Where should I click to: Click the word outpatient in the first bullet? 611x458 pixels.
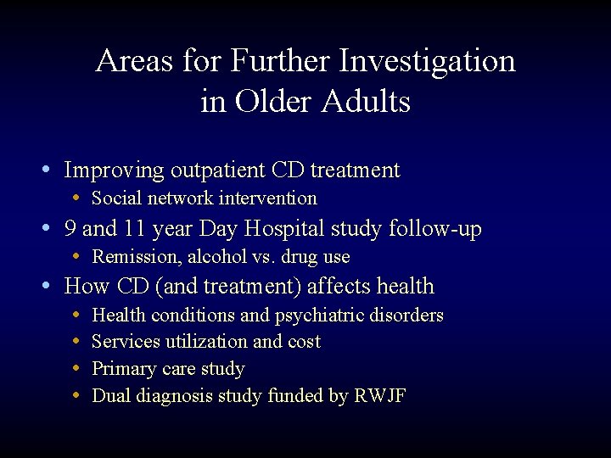pos(217,170)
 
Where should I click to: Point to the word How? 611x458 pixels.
pos(85,287)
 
